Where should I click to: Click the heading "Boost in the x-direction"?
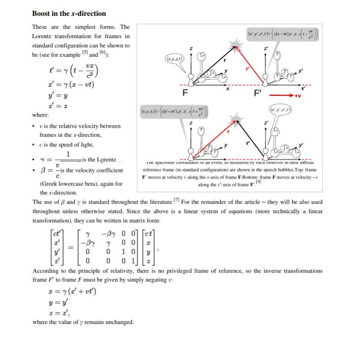(69, 13)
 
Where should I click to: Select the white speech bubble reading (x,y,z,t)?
(174, 59)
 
